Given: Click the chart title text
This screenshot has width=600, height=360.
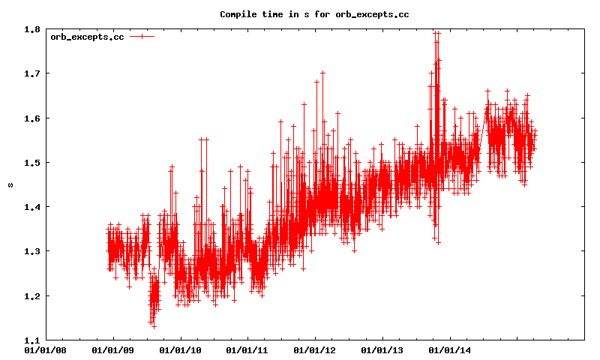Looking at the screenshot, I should tap(314, 14).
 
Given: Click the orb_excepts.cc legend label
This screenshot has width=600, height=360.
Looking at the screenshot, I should tap(87, 37).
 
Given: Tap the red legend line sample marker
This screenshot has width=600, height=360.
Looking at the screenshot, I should tap(142, 37).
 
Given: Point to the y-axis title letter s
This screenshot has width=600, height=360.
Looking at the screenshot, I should tap(10, 184).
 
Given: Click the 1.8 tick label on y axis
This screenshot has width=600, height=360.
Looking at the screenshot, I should tap(31, 29).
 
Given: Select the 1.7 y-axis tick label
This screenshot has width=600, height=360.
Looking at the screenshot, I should tap(31, 73).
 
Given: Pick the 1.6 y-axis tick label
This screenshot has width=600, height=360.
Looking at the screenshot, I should tap(31, 118).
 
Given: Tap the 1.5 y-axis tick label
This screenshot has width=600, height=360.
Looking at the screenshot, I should tap(31, 162).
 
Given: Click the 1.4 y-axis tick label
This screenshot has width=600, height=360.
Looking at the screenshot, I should tap(31, 206).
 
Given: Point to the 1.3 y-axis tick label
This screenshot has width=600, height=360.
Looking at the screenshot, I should tap(31, 250).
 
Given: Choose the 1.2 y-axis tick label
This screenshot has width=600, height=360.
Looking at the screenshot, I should tap(31, 295).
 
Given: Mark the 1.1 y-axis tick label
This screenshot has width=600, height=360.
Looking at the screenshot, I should tap(31, 339).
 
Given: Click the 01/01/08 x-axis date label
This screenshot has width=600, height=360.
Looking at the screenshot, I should tap(46, 349).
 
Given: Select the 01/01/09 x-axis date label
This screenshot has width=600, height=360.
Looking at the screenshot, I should tap(113, 349).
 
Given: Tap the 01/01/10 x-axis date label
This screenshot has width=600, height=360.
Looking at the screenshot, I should tap(181, 349).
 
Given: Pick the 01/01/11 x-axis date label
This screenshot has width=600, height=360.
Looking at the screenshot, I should tap(247, 349).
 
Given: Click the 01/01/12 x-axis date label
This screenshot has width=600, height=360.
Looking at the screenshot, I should tap(315, 349).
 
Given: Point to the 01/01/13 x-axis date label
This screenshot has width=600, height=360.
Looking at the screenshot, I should tap(382, 349).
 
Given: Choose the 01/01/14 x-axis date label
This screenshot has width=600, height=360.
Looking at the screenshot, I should tap(450, 349).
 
